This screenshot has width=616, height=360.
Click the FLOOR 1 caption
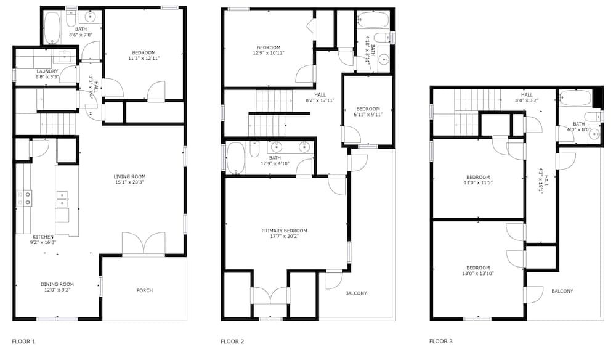click(x=23, y=342)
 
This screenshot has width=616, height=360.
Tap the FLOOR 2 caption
click(x=232, y=342)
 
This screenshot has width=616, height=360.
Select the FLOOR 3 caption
click(x=441, y=341)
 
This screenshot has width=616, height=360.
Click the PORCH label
click(x=145, y=290)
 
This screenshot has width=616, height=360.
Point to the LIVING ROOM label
click(x=129, y=176)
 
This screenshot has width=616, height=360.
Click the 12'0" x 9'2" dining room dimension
click(x=57, y=290)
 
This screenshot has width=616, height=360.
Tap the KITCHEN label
click(x=43, y=237)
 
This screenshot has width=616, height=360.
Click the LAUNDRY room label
click(x=47, y=71)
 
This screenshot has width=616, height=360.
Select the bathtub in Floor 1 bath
click(x=52, y=28)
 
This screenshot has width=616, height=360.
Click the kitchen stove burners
click(x=25, y=198)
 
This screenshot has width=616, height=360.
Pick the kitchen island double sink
click(x=62, y=199)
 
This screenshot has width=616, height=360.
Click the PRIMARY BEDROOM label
click(x=285, y=231)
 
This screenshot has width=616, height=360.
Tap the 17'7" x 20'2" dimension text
click(x=285, y=236)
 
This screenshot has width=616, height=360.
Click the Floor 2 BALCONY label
click(x=356, y=293)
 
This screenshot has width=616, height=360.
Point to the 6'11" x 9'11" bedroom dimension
click(x=368, y=115)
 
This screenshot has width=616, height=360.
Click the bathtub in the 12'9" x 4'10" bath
click(x=236, y=158)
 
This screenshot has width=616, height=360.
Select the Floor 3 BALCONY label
click(x=562, y=291)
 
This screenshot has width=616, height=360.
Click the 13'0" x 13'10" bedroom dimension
click(x=478, y=274)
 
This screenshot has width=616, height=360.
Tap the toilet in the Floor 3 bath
click(x=593, y=117)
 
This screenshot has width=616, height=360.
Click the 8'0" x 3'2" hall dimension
click(x=527, y=100)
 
